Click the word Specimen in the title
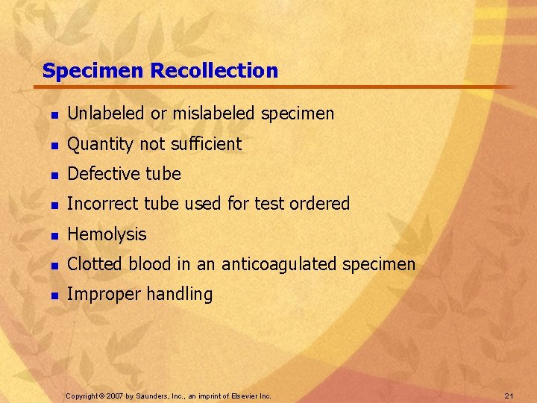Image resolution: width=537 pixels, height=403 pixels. (x=93, y=72)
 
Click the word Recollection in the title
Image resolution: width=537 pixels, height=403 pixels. (x=214, y=71)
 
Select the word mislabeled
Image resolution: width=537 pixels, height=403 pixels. (x=214, y=113)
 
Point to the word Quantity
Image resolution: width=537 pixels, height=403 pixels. (x=98, y=144)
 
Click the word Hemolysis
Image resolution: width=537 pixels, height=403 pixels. (x=107, y=234)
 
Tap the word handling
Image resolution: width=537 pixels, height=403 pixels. (x=179, y=294)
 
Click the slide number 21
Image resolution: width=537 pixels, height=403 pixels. (x=510, y=395)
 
